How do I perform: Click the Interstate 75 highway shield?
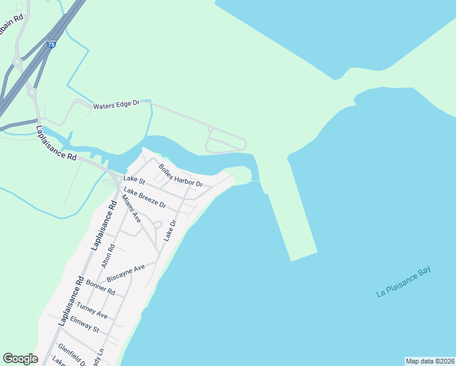click(x=51, y=45)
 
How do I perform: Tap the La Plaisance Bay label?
click(x=404, y=282)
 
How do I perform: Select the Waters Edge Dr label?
click(x=116, y=106)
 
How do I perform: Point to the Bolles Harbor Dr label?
click(x=180, y=175)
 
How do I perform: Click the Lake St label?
click(x=134, y=180)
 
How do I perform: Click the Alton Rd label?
click(x=108, y=256)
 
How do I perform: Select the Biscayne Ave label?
click(x=126, y=273)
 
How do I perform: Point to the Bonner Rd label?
click(x=101, y=287)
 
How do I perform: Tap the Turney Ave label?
click(x=92, y=311)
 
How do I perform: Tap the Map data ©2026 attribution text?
click(x=430, y=361)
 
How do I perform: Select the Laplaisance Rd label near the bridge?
click(x=56, y=143)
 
